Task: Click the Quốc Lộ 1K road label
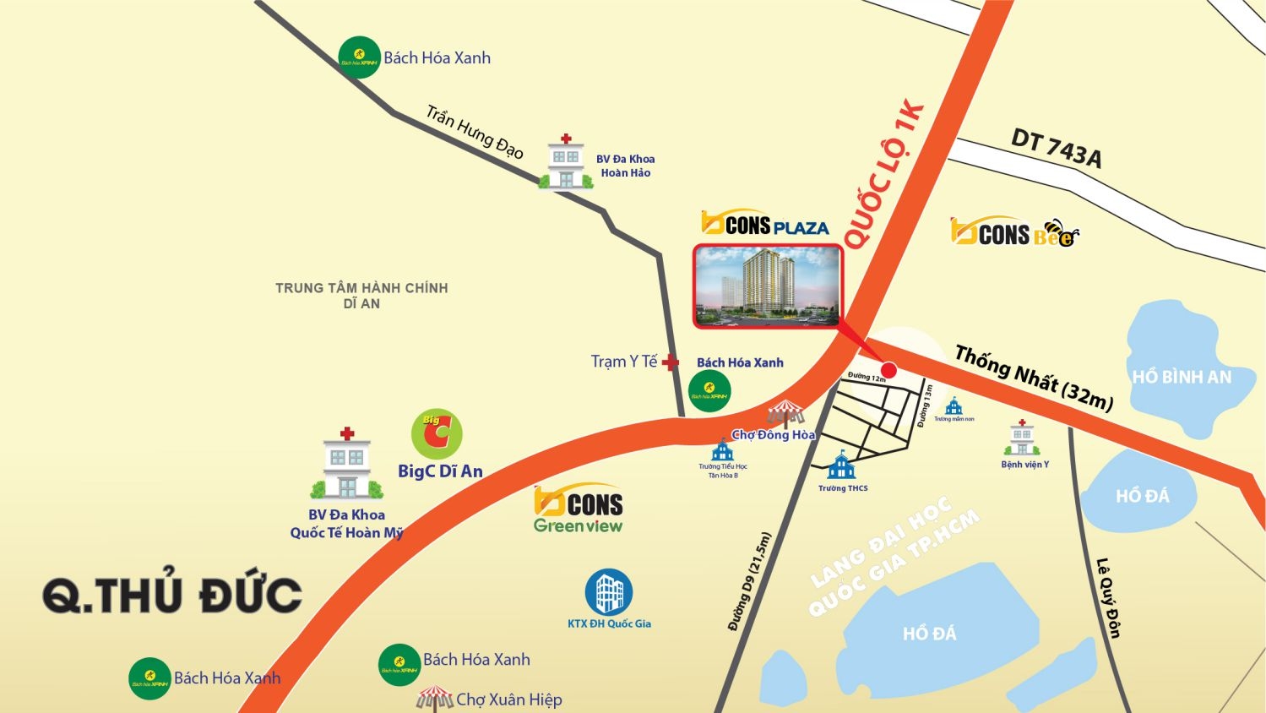pyautogui.click(x=883, y=177)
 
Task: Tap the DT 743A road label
pyautogui.click(x=1056, y=149)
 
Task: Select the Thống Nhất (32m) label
pyautogui.click(x=1034, y=379)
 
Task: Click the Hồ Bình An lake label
pyautogui.click(x=1181, y=377)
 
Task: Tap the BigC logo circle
pyautogui.click(x=437, y=434)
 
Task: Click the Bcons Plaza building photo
pyautogui.click(x=767, y=286)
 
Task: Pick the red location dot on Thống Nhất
pyautogui.click(x=888, y=369)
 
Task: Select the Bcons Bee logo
pyautogui.click(x=1014, y=232)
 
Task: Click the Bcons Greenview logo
pyautogui.click(x=579, y=510)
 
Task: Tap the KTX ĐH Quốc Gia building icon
pyautogui.click(x=609, y=592)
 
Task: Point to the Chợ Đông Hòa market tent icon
pyautogui.click(x=786, y=414)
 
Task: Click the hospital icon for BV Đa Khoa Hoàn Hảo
pyautogui.click(x=565, y=161)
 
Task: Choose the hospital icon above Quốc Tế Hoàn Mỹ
pyautogui.click(x=347, y=465)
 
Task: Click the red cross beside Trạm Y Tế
pyautogui.click(x=670, y=362)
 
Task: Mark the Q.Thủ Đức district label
pyautogui.click(x=172, y=595)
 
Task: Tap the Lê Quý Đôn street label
pyautogui.click(x=1107, y=597)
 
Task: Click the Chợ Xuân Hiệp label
pyautogui.click(x=508, y=699)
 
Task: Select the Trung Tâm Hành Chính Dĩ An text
pyautogui.click(x=361, y=296)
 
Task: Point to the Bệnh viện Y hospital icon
pyautogui.click(x=1022, y=438)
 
